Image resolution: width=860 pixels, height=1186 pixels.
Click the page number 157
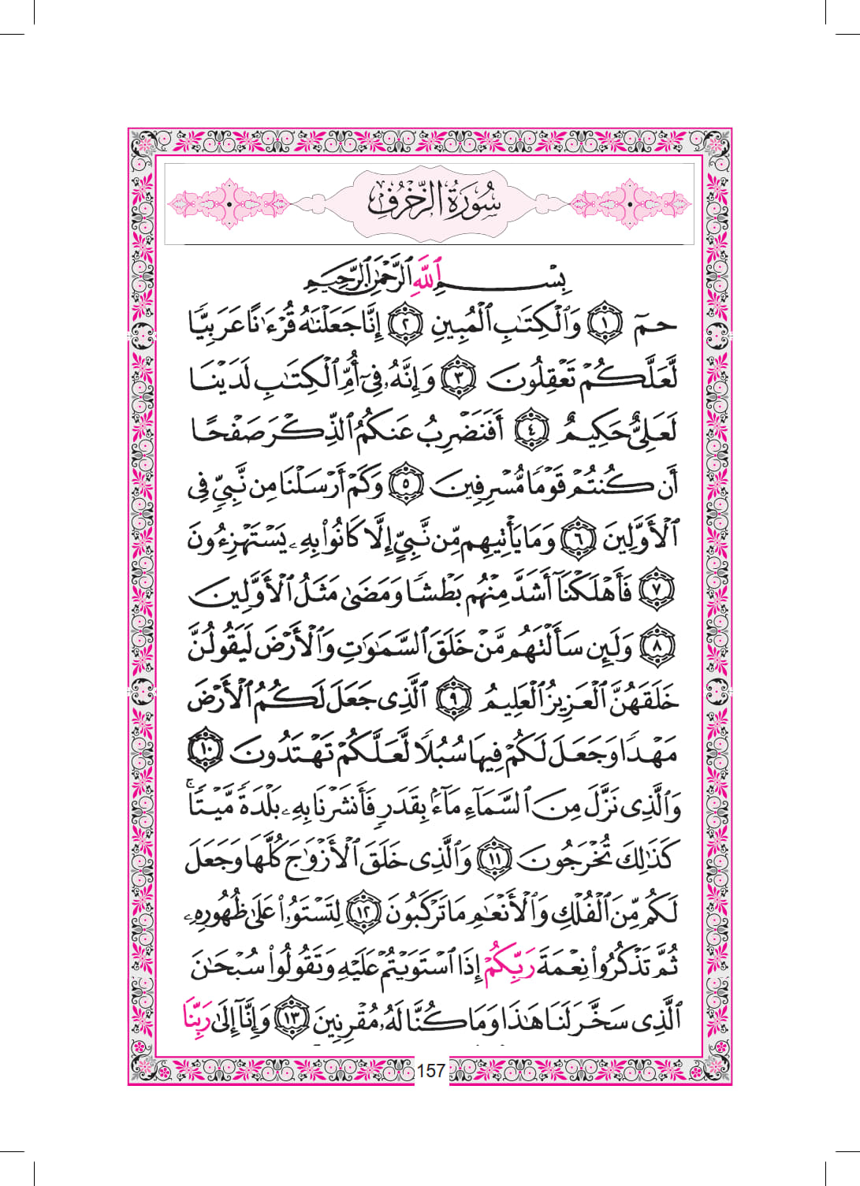click(x=431, y=1070)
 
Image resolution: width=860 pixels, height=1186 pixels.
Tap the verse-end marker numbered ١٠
click(x=206, y=753)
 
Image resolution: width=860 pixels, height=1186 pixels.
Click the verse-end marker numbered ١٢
click(x=363, y=913)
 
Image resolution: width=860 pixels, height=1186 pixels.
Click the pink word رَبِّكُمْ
click(x=505, y=965)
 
